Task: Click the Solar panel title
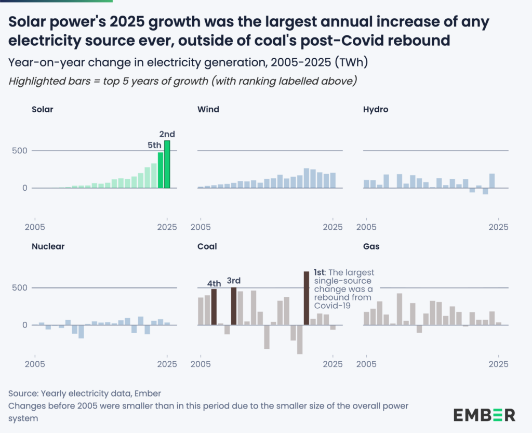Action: [x=43, y=110]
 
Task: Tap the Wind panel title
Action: [x=208, y=110]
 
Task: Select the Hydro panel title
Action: [x=376, y=110]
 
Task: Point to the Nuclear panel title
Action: [x=48, y=246]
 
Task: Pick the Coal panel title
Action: [x=207, y=246]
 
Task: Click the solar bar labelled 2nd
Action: [x=167, y=164]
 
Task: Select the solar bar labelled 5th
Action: [x=161, y=170]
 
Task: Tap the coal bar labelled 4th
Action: [x=214, y=307]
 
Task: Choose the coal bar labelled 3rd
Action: [x=234, y=306]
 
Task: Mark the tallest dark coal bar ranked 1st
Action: [x=307, y=298]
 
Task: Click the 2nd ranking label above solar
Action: [x=167, y=134]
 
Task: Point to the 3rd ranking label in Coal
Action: [x=234, y=281]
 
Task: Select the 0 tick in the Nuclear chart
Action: [x=24, y=325]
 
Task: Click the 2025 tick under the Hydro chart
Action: [x=499, y=227]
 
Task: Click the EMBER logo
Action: [x=484, y=414]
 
